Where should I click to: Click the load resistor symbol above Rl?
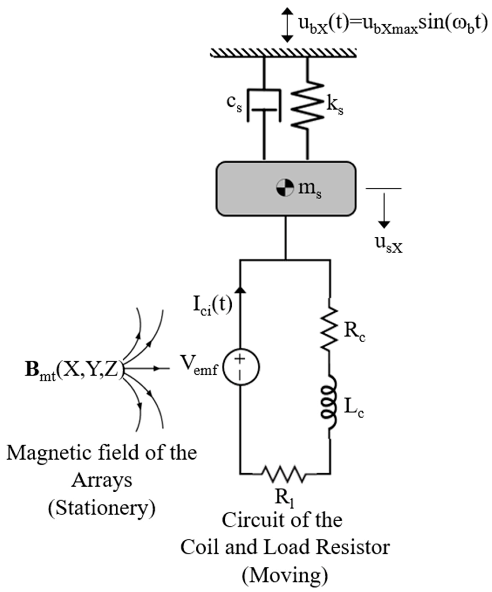pyautogui.click(x=284, y=474)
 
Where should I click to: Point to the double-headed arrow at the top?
pyautogui.click(x=287, y=25)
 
